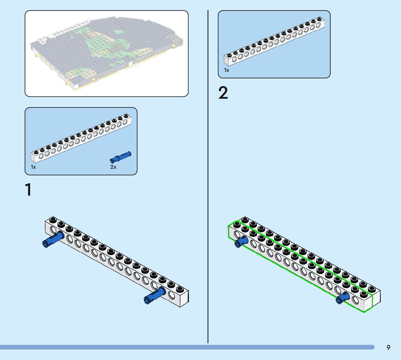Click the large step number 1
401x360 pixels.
click(28, 190)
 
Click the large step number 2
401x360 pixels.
click(223, 93)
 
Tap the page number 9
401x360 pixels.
click(388, 347)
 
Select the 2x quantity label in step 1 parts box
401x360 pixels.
click(113, 167)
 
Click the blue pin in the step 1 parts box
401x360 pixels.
click(120, 157)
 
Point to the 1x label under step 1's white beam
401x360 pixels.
click(33, 167)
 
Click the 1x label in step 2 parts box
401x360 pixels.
click(227, 70)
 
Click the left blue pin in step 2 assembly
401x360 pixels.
click(241, 242)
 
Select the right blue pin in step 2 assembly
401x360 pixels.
click(343, 298)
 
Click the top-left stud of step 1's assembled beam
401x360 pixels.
click(53, 220)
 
